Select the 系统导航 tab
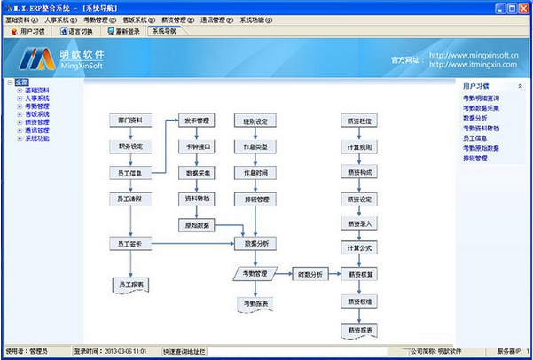click(164, 30)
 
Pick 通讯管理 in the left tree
click(36, 130)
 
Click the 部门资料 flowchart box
click(130, 120)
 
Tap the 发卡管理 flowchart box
click(196, 120)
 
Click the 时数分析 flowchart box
click(311, 273)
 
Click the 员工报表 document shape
click(130, 285)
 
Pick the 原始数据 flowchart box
click(196, 225)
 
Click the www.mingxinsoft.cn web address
click(474, 55)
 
